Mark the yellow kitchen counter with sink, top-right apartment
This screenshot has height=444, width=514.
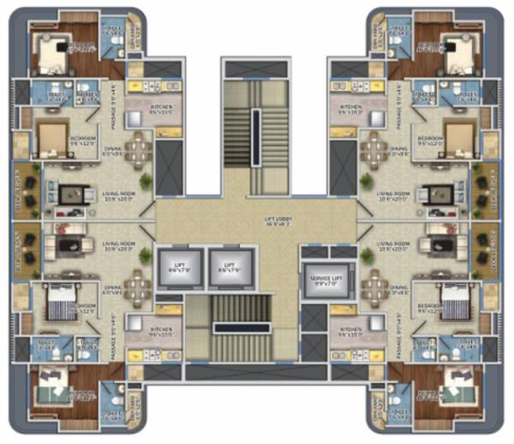[x=355, y=85]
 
